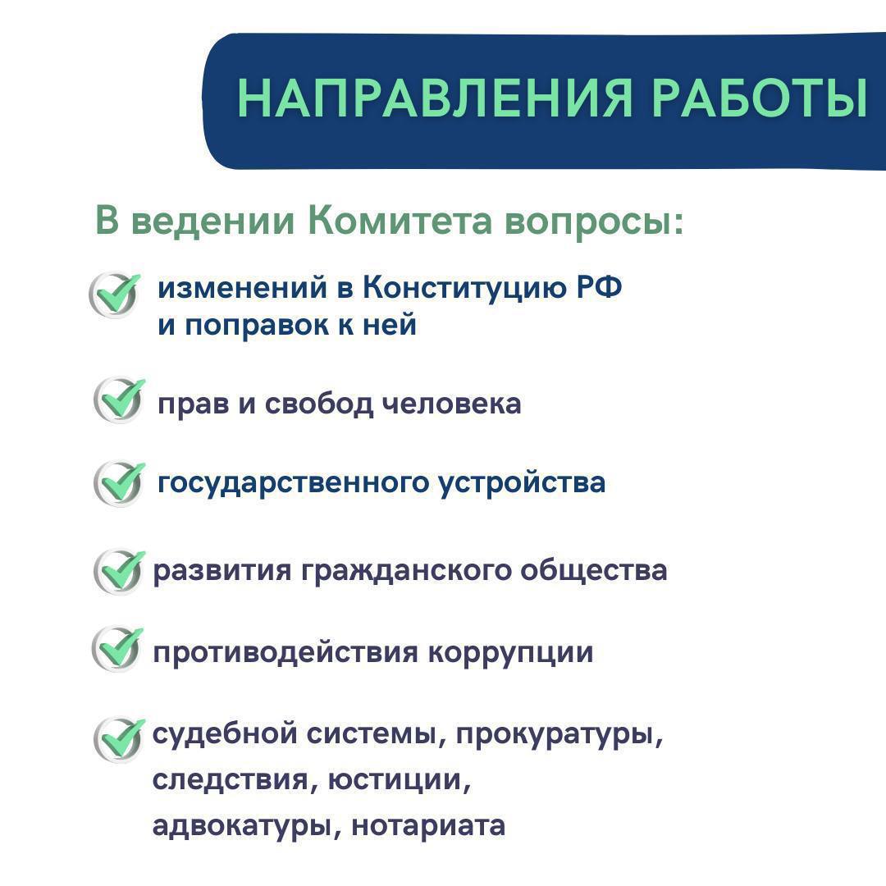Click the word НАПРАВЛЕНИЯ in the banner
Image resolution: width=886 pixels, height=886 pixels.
[434, 98]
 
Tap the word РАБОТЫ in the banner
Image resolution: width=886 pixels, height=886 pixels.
[760, 98]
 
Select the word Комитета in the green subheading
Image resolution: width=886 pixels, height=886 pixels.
[400, 220]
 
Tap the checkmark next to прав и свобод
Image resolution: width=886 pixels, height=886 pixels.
[119, 400]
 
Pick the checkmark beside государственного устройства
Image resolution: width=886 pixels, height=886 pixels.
[119, 483]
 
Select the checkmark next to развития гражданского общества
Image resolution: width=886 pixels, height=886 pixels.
[119, 571]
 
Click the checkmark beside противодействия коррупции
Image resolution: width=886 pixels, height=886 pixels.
[117, 649]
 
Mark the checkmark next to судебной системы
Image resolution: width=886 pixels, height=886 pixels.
[119, 739]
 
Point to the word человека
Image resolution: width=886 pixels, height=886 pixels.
[451, 404]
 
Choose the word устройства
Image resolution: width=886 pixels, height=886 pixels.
[522, 484]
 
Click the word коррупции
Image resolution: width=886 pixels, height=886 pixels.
[510, 654]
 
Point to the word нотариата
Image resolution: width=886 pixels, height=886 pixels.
[428, 826]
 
